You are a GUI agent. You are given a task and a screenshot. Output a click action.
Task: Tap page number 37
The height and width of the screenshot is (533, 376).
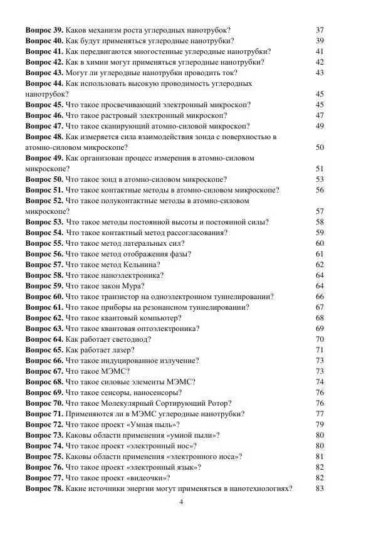click(320, 30)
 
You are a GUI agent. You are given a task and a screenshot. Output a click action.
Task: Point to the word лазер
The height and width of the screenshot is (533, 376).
click(121, 350)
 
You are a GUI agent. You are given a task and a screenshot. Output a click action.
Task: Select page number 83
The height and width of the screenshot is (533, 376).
click(320, 488)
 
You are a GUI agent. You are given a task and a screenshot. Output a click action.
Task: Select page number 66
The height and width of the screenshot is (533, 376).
click(320, 297)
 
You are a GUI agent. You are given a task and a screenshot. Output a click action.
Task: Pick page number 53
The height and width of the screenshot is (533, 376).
click(320, 179)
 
